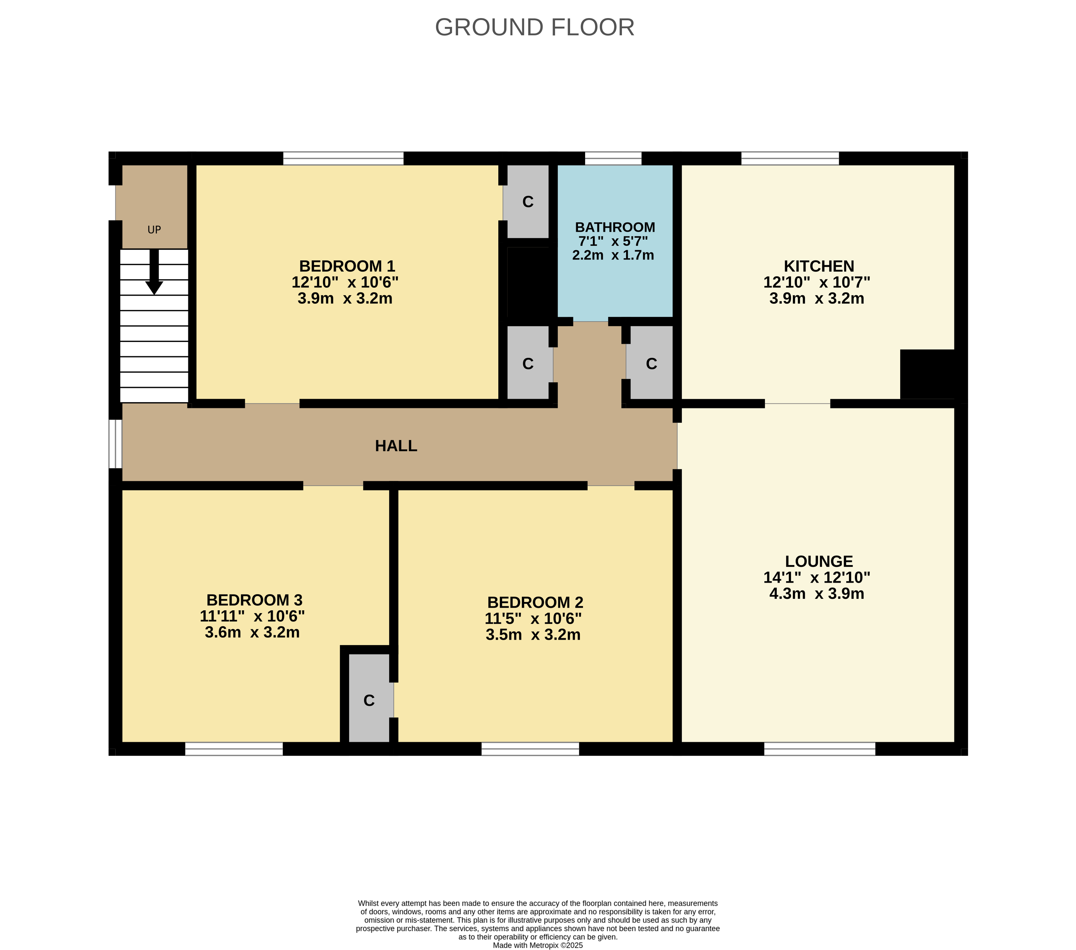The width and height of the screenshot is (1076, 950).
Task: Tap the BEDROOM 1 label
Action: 347,266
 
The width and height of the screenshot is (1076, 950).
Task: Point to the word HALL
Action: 396,446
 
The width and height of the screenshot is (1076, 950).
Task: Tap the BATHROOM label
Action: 615,227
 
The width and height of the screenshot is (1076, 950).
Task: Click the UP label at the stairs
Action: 154,230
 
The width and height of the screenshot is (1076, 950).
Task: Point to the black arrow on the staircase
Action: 154,272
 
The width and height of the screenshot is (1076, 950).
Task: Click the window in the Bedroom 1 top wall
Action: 343,158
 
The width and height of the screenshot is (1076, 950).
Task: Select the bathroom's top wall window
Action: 613,158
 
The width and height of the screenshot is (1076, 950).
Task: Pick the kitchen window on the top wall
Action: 790,158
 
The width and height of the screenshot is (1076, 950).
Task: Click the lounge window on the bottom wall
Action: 820,749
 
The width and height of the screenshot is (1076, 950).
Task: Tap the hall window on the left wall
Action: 115,444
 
